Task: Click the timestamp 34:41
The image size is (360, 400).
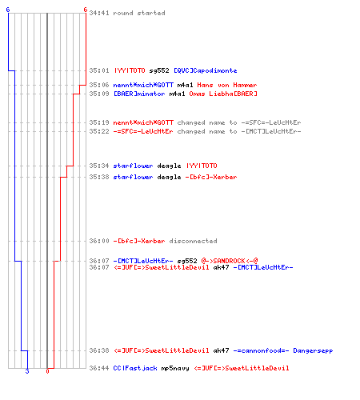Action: tap(99, 13)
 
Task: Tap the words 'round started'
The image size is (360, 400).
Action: tap(139, 13)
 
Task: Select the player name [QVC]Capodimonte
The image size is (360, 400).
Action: tap(206, 70)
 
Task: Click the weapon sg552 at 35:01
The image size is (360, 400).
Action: tap(159, 70)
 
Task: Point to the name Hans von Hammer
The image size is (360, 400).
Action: tap(227, 85)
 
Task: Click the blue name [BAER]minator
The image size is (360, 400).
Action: tap(139, 94)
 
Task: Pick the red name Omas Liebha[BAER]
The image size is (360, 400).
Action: tap(223, 94)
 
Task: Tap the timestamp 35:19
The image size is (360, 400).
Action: tap(99, 122)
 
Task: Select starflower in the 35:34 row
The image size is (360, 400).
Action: tap(133, 166)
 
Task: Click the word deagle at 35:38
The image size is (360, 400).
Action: tap(169, 177)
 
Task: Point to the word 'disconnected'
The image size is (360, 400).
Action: tap(193, 241)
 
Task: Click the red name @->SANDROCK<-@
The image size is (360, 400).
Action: tap(230, 261)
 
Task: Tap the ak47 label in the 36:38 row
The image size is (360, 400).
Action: tap(221, 350)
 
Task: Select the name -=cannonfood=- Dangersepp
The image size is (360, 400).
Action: tap(283, 350)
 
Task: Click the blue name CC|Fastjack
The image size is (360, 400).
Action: tap(135, 368)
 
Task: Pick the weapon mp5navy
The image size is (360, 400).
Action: tap(175, 369)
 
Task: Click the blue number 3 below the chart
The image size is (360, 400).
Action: tap(27, 371)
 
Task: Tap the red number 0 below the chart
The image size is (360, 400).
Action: tap(47, 371)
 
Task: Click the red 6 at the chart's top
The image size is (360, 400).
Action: tap(86, 10)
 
